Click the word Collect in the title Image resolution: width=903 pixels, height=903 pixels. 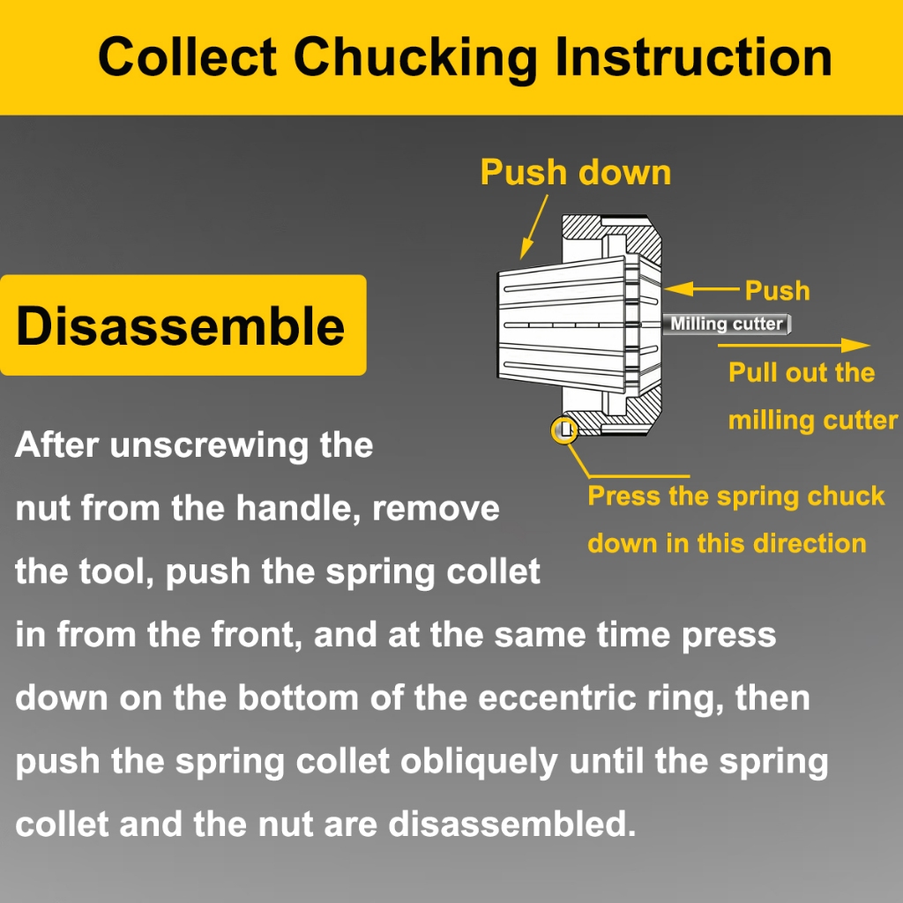pyautogui.click(x=187, y=56)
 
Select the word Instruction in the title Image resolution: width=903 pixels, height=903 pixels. pyautogui.click(x=693, y=56)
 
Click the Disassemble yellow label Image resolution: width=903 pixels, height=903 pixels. pyautogui.click(x=183, y=325)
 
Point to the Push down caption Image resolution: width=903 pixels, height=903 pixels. pyautogui.click(x=576, y=172)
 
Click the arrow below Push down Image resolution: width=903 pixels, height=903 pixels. pyautogui.click(x=534, y=227)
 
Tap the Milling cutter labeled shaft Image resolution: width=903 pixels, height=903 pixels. pyautogui.click(x=727, y=324)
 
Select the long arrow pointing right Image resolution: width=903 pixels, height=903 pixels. pyautogui.click(x=794, y=345)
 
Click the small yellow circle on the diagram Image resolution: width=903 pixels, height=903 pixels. pyautogui.click(x=564, y=430)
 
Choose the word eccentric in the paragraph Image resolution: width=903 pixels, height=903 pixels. pyautogui.click(x=557, y=698)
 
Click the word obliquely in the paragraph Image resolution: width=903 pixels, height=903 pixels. pyautogui.click(x=479, y=762)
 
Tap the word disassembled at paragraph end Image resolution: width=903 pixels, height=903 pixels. pyautogui.click(x=512, y=824)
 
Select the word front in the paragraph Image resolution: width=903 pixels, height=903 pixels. pyautogui.click(x=257, y=634)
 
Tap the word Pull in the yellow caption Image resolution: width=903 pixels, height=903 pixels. pyautogui.click(x=747, y=372)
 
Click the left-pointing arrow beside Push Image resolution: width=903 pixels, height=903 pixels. pyautogui.click(x=701, y=288)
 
